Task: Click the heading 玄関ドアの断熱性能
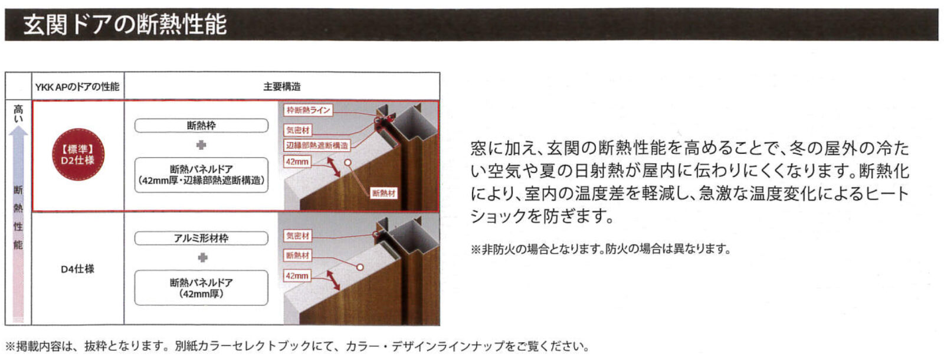pos(124,24)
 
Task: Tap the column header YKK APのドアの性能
pos(77,87)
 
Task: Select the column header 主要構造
pos(282,87)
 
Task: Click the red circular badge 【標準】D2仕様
pos(78,155)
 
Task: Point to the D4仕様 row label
pos(77,269)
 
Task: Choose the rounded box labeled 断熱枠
pos(201,126)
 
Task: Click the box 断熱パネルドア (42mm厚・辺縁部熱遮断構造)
pos(201,175)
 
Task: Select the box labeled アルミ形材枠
pos(201,238)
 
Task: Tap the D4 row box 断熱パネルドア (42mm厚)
pos(201,288)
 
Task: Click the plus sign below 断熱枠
pos(201,145)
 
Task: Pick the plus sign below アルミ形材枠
pos(203,257)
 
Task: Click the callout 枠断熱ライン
pos(308,110)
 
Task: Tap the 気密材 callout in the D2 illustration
pos(298,130)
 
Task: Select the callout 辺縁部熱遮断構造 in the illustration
pos(317,146)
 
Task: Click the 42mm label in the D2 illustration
pos(297,162)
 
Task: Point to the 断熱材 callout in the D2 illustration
pos(383,193)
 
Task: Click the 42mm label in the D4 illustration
pos(297,276)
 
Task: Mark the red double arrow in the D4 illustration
pos(333,281)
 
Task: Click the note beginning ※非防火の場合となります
pos(601,249)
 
